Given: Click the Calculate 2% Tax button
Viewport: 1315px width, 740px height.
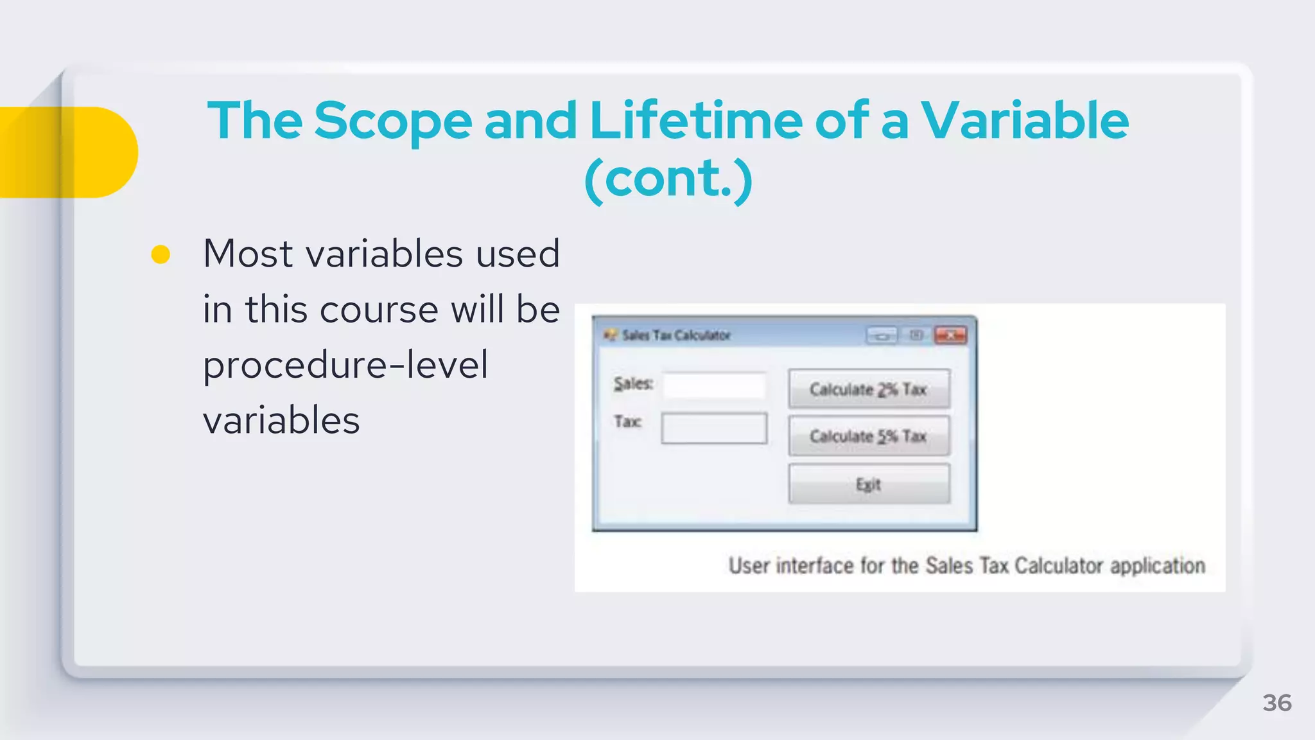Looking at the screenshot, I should [x=868, y=389].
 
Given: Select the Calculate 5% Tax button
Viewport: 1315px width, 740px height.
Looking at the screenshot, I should [x=868, y=436].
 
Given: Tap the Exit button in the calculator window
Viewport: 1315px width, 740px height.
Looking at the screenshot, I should [x=868, y=484].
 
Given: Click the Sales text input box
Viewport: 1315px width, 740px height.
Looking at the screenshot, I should [x=714, y=385].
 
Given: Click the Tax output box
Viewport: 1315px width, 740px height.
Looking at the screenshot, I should [x=714, y=428].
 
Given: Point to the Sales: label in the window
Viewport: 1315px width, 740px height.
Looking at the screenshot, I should [x=633, y=383].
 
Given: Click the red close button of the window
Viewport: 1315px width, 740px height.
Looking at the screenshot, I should [x=950, y=335].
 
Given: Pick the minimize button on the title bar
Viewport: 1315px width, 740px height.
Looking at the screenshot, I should [x=882, y=335].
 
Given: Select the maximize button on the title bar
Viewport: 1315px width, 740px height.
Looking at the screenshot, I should [x=916, y=335].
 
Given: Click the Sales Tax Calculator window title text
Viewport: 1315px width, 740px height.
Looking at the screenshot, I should [x=676, y=335].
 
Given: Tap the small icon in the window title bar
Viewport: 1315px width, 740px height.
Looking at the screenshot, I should [x=609, y=335].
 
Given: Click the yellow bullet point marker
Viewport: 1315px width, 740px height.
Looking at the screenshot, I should [x=161, y=254].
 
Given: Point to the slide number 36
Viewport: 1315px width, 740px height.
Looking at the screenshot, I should [x=1276, y=703].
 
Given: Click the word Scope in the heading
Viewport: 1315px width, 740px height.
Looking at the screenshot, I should [x=393, y=121].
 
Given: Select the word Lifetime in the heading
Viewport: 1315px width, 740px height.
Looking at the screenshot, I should [x=695, y=121].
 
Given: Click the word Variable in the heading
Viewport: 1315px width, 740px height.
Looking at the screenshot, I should [x=1024, y=121].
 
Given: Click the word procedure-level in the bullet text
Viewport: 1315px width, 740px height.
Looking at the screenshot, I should [x=345, y=365].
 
